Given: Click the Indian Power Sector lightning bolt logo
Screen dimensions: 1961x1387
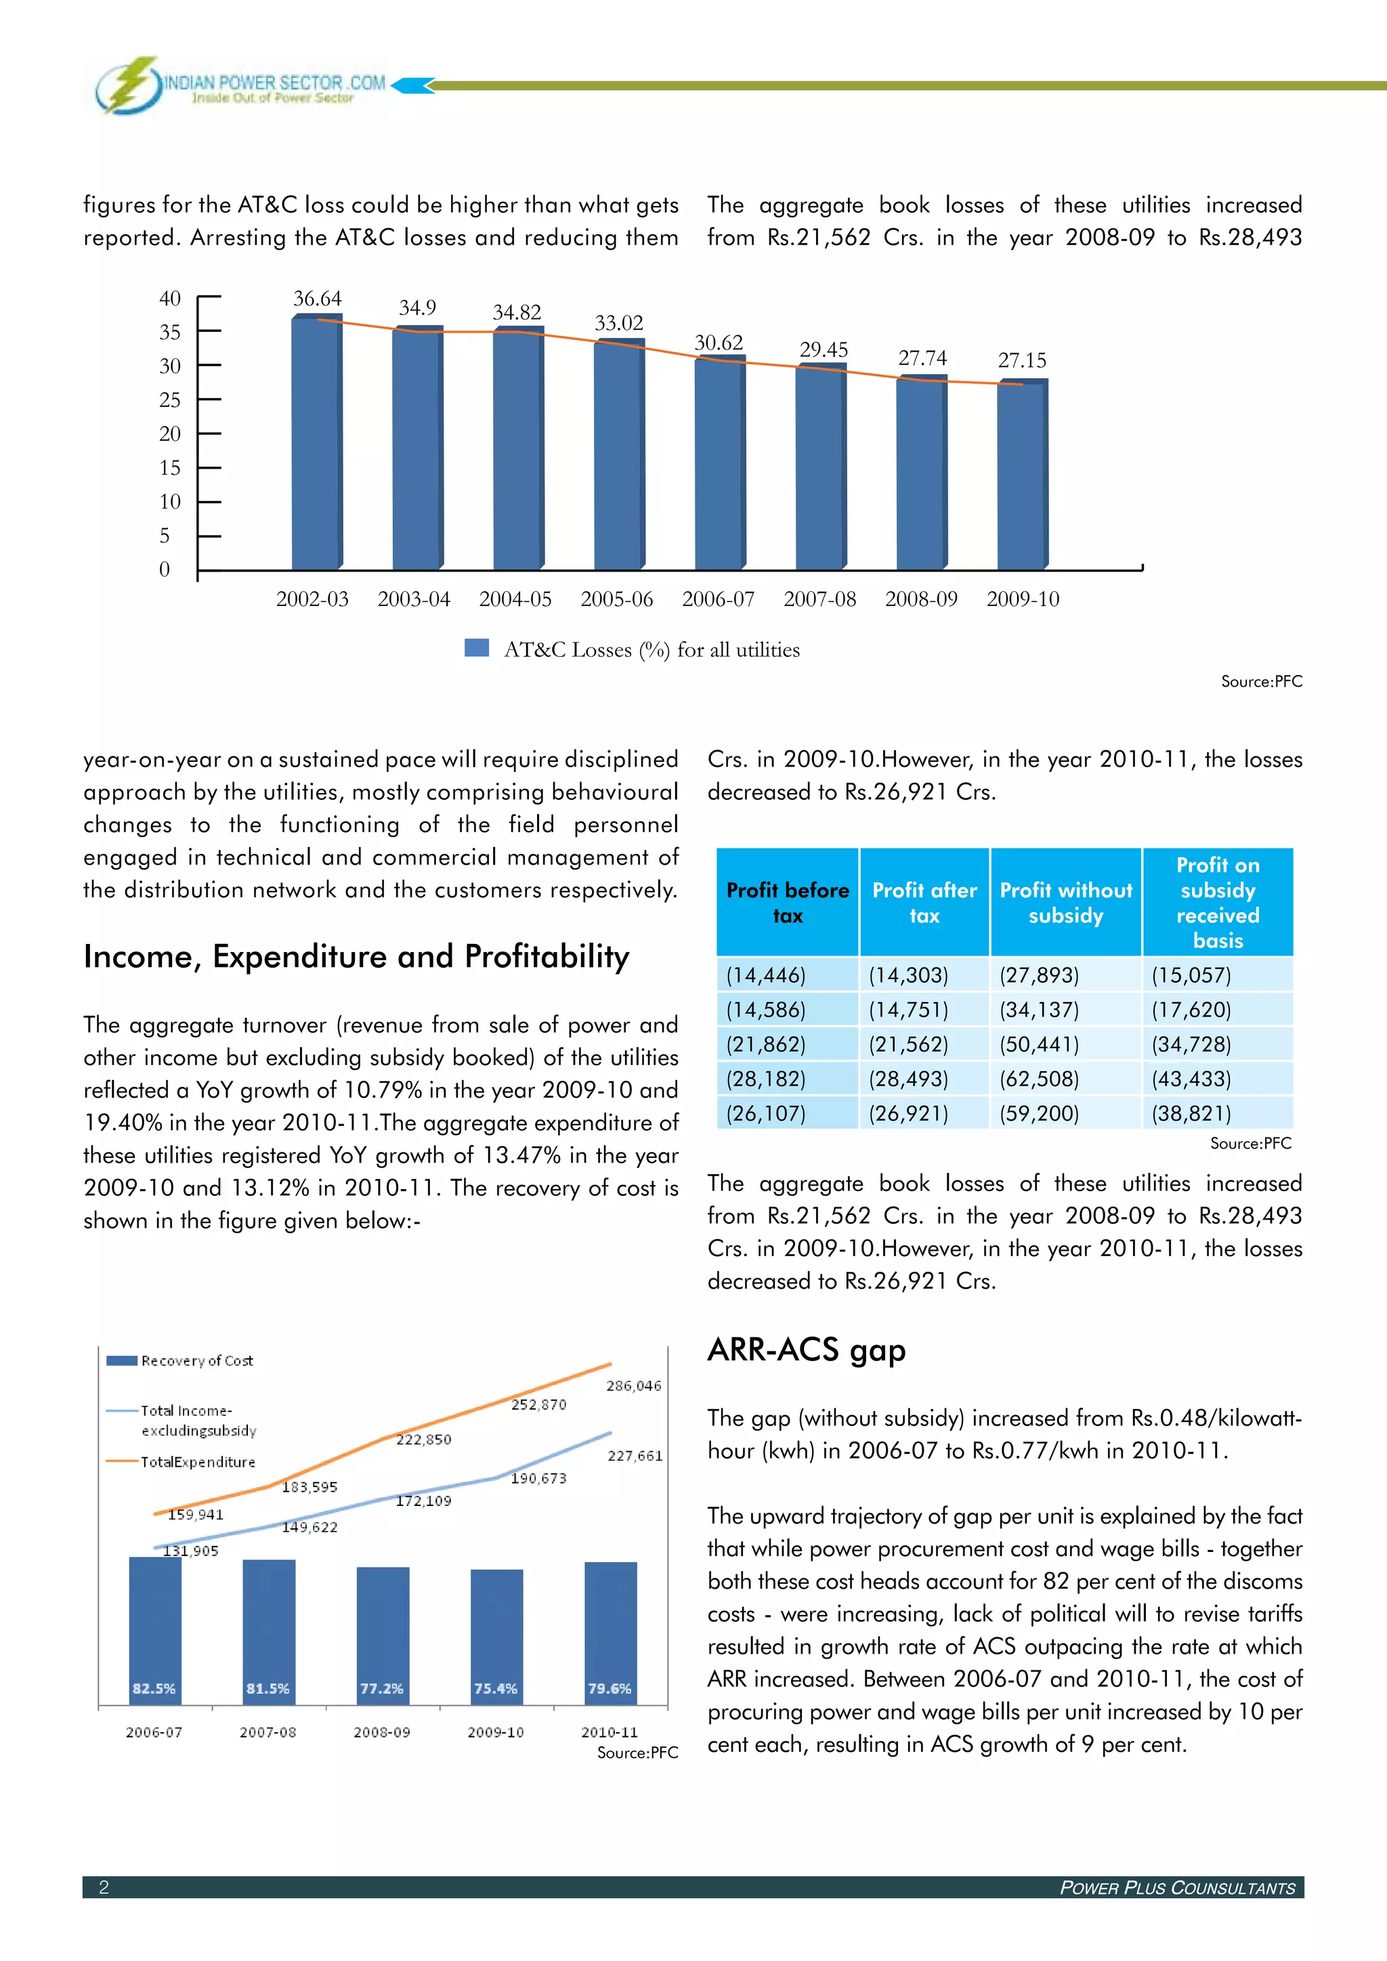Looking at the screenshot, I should point(130,85).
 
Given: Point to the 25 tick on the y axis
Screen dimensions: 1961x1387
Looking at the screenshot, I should point(170,400).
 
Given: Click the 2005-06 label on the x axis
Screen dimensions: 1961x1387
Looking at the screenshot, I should point(617,599).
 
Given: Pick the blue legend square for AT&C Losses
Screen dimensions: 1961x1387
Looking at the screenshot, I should point(477,648).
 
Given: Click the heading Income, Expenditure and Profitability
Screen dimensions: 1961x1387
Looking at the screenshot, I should point(356,957).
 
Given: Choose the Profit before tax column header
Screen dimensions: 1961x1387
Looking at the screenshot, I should point(788,903).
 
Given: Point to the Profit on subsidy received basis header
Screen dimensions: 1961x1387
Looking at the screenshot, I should point(1217,903).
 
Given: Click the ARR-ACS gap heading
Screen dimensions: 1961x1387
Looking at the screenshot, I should point(806,1350).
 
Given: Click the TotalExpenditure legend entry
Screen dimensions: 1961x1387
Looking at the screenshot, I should point(197,1461).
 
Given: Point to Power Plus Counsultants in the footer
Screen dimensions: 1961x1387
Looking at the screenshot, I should point(1177,1888).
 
